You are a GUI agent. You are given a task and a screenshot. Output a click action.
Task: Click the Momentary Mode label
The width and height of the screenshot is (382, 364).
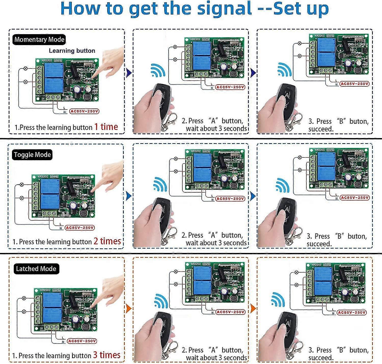[39, 40]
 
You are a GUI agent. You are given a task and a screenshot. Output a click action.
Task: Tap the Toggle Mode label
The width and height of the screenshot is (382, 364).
[32, 155]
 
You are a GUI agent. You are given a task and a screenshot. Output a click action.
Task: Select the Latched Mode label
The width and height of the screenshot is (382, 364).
[36, 269]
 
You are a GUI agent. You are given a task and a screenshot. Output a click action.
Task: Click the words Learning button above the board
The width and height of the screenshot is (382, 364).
[72, 51]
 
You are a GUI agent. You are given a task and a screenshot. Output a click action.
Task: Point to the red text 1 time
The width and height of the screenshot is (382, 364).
[106, 127]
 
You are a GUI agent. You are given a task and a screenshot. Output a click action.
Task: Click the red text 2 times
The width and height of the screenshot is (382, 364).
[107, 241]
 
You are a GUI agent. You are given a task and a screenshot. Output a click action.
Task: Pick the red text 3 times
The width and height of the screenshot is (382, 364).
[106, 355]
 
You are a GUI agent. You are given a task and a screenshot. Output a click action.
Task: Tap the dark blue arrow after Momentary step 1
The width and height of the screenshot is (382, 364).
[129, 73]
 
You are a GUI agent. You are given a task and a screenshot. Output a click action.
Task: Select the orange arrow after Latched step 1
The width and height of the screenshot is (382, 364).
[129, 309]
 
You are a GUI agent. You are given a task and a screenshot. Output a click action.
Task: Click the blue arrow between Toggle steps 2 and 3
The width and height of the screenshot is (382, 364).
[253, 196]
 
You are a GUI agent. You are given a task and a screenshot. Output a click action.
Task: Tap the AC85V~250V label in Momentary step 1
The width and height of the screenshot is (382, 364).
[84, 111]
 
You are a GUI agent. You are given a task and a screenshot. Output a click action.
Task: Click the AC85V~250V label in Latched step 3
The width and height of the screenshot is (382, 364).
[352, 312]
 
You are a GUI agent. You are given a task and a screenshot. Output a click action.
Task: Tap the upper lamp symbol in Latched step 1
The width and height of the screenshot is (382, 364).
[24, 298]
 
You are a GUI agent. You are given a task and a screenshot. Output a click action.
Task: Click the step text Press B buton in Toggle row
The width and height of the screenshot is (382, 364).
[337, 236]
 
